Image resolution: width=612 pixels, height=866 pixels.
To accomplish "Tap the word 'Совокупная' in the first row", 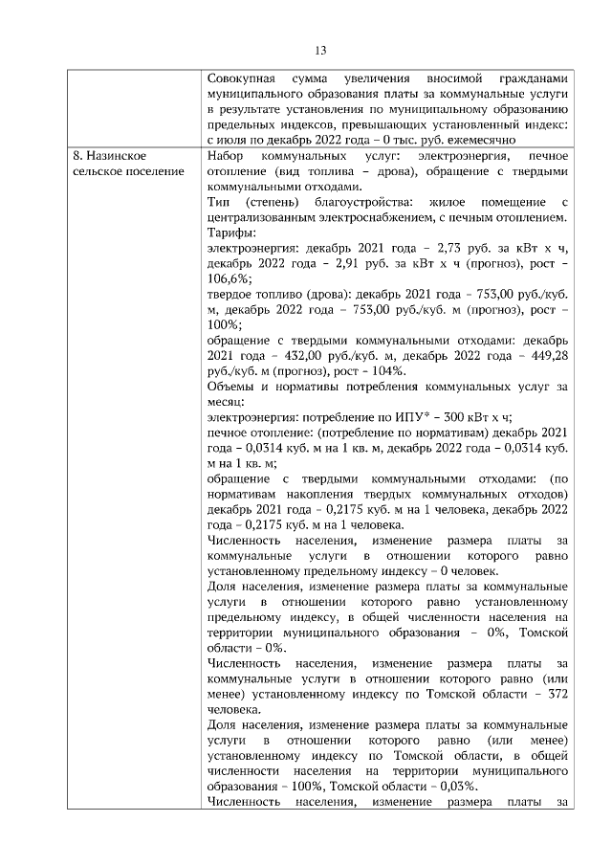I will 242,78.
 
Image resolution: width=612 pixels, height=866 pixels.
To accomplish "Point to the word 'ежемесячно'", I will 537,139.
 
